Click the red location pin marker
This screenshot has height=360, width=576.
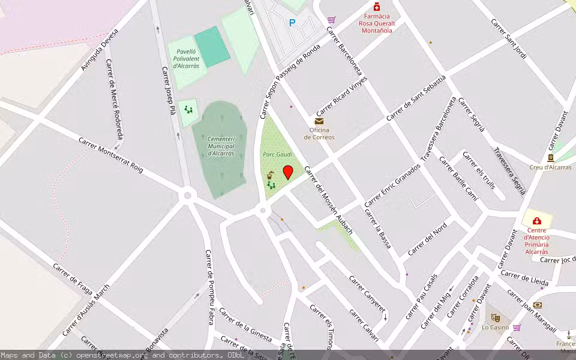pyautogui.click(x=288, y=172)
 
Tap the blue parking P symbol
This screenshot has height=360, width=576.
pyautogui.click(x=292, y=23)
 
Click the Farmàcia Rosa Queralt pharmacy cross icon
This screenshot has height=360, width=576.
pyautogui.click(x=376, y=7)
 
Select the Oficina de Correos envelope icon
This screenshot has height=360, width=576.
pyautogui.click(x=319, y=121)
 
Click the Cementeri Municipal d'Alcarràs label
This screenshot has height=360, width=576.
pyautogui.click(x=220, y=146)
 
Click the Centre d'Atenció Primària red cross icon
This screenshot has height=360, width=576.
pyautogui.click(x=536, y=221)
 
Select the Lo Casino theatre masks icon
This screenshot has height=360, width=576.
pyautogui.click(x=495, y=317)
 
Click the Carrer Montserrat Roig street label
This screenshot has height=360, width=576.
pyautogui.click(x=111, y=155)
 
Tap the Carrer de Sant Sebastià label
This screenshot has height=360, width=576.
pyautogui.click(x=416, y=98)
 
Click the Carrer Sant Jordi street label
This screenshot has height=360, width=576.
pyautogui.click(x=508, y=38)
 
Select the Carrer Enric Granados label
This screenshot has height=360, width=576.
pyautogui.click(x=392, y=185)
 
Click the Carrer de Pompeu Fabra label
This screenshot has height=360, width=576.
pyautogui.click(x=209, y=287)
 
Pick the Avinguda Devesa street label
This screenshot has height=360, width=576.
pyautogui.click(x=100, y=49)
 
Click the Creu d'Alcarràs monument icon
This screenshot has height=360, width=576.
pyautogui.click(x=550, y=158)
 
